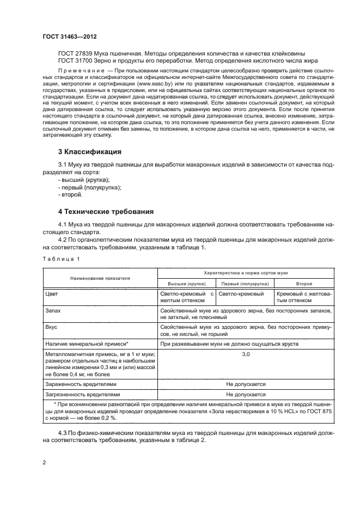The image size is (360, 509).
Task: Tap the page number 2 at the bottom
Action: pos(45,463)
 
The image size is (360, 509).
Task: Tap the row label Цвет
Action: pos(52,294)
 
